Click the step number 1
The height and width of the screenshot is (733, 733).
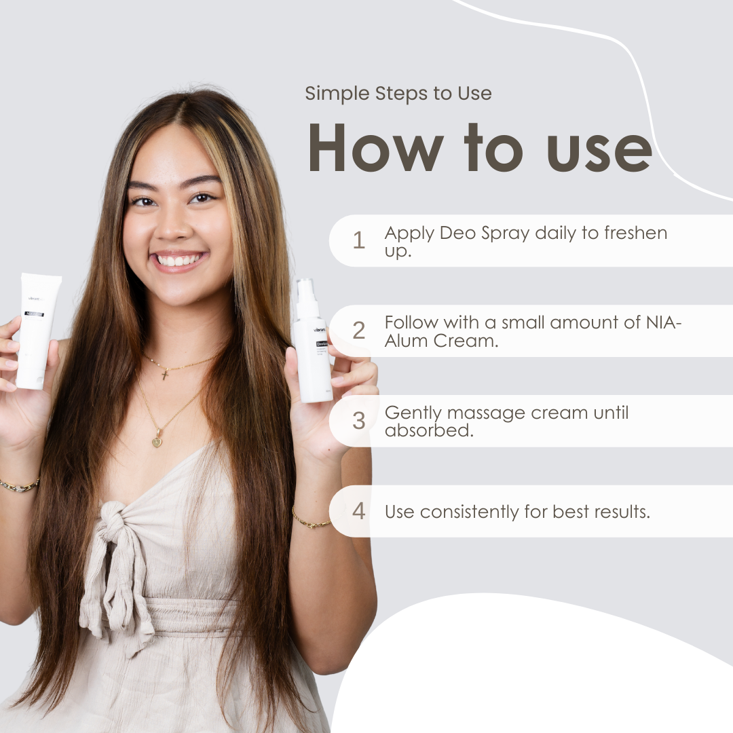tap(358, 240)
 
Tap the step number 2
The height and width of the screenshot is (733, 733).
tap(358, 331)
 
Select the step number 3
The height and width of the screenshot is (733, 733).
tap(358, 421)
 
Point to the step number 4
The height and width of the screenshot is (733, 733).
tap(358, 511)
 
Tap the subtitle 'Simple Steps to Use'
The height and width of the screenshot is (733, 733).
tap(398, 93)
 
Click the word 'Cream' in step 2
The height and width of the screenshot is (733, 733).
tap(462, 341)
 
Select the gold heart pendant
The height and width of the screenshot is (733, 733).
tap(157, 441)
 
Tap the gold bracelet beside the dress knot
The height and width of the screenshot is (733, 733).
tap(312, 521)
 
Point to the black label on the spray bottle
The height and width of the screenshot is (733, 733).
tap(322, 344)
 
